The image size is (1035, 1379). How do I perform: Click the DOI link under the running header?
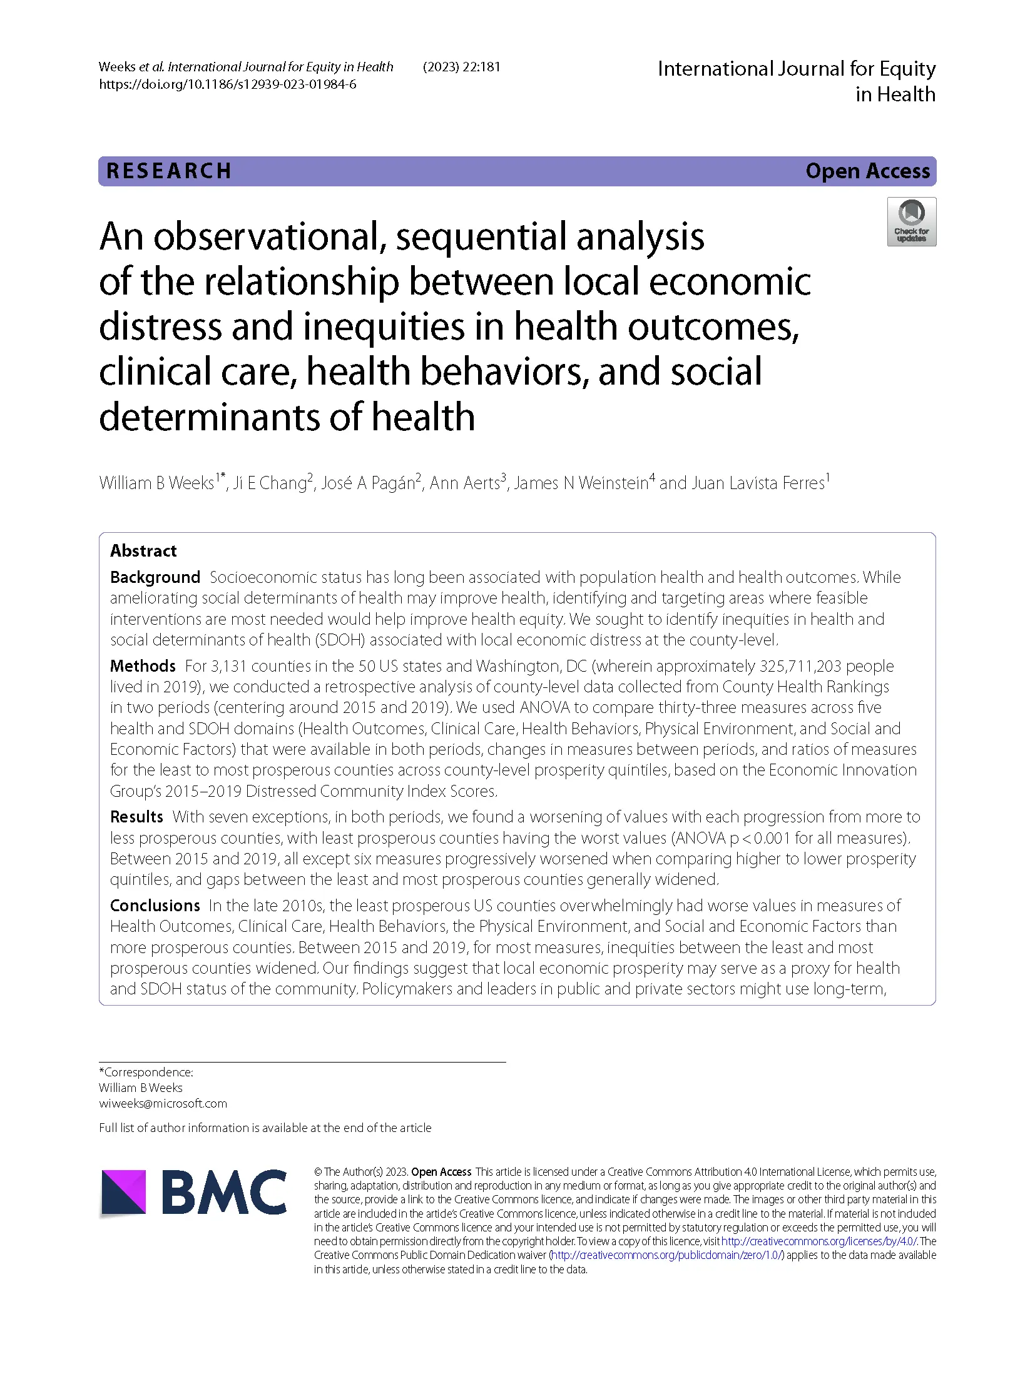(227, 84)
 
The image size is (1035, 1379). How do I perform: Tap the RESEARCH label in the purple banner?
(169, 171)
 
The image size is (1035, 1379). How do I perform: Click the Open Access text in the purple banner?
(867, 171)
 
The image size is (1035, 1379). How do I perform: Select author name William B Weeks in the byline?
(156, 483)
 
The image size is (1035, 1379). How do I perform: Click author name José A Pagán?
(368, 483)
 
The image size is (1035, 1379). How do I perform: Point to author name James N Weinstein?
(581, 483)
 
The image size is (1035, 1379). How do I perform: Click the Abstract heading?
(143, 550)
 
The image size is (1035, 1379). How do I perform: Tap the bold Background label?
(155, 577)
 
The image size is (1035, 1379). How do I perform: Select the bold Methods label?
(143, 665)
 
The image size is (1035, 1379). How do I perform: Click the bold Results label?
(136, 817)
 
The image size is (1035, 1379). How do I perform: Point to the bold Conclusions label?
(155, 905)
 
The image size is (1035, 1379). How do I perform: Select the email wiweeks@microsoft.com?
(163, 1103)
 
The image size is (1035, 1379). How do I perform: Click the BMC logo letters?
(224, 1192)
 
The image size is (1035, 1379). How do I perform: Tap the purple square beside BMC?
(124, 1192)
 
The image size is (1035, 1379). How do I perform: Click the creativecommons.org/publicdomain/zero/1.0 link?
(667, 1255)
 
